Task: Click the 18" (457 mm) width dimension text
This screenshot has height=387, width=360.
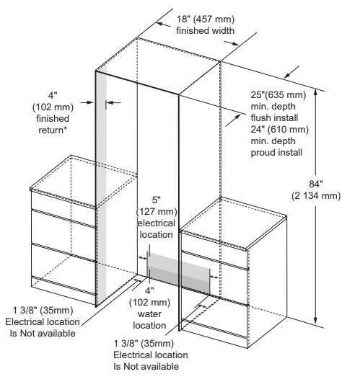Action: (x=206, y=19)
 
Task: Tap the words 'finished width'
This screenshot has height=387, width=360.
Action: (x=205, y=30)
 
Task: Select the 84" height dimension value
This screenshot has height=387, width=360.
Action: (x=316, y=184)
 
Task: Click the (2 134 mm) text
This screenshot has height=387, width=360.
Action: (x=316, y=196)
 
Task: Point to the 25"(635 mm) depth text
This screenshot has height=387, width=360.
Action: (x=278, y=95)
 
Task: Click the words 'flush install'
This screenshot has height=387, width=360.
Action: (x=274, y=117)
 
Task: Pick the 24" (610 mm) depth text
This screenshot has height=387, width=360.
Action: (x=280, y=129)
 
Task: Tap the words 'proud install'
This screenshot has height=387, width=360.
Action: (x=276, y=153)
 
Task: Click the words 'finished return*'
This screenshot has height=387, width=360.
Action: (x=53, y=125)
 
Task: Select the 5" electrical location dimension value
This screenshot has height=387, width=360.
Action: (x=156, y=200)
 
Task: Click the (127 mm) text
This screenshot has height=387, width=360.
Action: (x=157, y=212)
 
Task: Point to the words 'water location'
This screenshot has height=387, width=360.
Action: (x=149, y=320)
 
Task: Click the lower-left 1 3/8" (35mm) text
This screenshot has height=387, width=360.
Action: (x=43, y=310)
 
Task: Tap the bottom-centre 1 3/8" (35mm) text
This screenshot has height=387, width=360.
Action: (x=144, y=343)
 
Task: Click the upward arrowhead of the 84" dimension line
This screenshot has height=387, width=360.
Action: (x=315, y=93)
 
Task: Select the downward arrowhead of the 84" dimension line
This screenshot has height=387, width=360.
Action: (x=315, y=321)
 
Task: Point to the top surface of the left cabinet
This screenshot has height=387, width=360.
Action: (x=83, y=181)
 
